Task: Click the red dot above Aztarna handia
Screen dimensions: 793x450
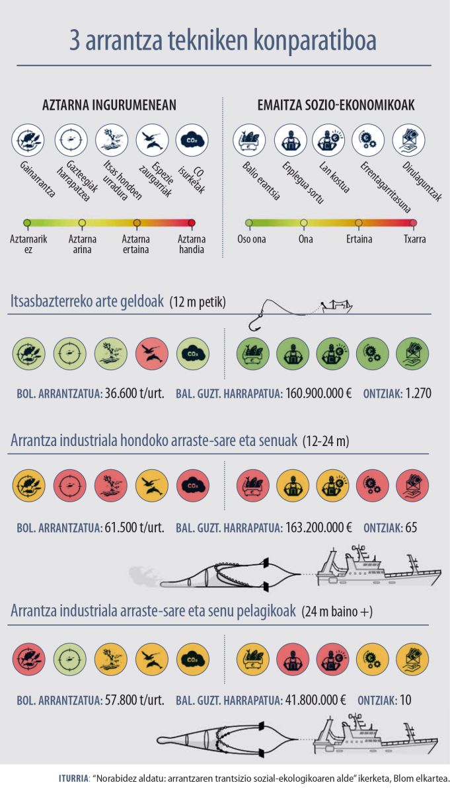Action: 192,223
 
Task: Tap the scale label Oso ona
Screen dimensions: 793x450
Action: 252,239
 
